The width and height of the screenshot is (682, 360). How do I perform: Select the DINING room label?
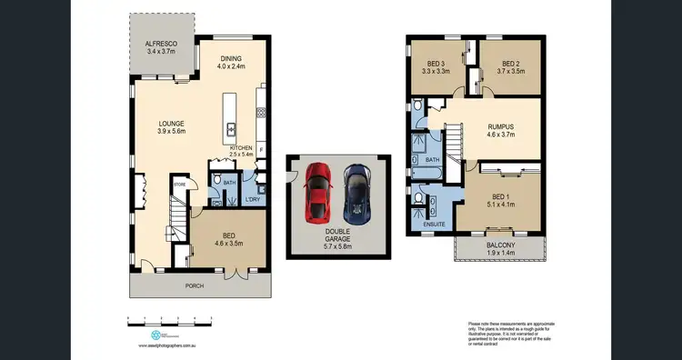click(x=231, y=60)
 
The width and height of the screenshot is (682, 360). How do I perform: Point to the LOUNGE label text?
click(x=171, y=123)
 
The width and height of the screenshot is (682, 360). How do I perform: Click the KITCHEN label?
click(x=240, y=147)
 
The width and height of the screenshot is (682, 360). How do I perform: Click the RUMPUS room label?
click(x=500, y=126)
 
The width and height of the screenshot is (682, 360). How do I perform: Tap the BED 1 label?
click(x=501, y=197)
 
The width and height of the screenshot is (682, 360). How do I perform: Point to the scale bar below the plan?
click(x=170, y=318)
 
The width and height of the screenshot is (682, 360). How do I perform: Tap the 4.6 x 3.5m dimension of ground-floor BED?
click(x=231, y=244)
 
